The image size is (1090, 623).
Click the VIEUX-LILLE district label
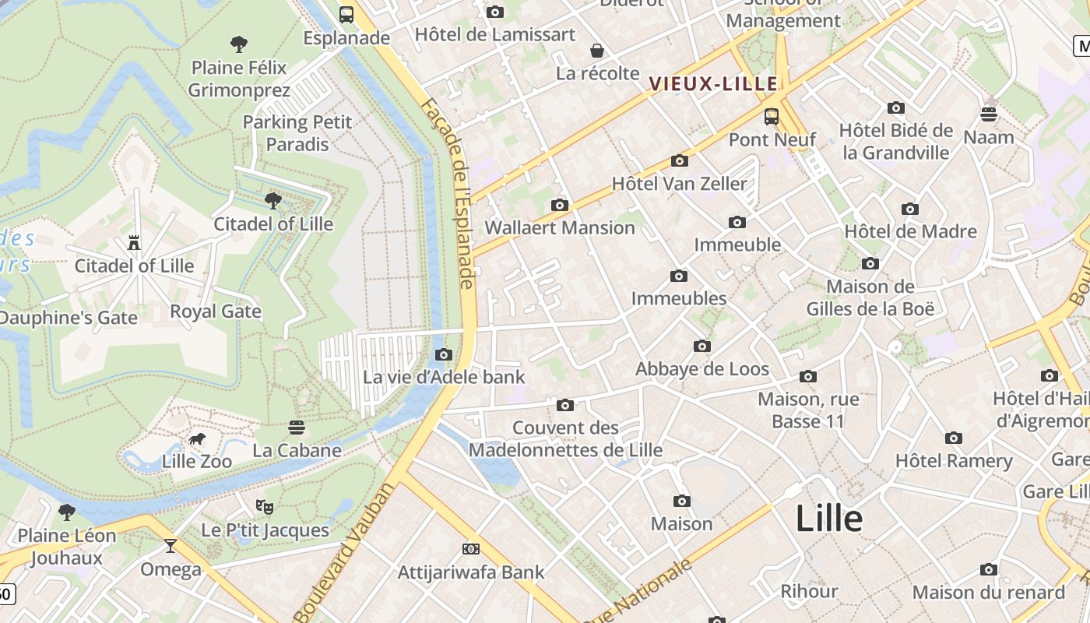[713, 83]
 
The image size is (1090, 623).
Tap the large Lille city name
[829, 519]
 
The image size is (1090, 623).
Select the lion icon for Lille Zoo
[197, 439]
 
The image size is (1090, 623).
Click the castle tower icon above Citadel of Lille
[134, 243]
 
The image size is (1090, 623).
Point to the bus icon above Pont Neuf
[772, 117]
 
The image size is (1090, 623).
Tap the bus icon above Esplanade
[346, 14]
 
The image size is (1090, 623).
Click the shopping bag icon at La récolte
[597, 51]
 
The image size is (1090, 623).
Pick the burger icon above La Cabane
[297, 428]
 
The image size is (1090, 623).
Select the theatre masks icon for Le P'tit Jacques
[265, 507]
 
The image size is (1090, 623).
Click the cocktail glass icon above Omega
[171, 546]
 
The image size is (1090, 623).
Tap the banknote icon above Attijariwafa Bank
[470, 549]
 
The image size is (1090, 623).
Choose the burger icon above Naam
[989, 114]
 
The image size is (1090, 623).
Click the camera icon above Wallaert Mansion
[559, 205]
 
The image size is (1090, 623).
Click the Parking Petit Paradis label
[297, 133]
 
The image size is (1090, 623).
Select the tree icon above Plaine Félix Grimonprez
[239, 44]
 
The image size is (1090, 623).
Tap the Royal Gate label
[216, 311]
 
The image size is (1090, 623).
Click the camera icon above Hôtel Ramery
[954, 438]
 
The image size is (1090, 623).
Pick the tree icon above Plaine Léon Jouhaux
[67, 512]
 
